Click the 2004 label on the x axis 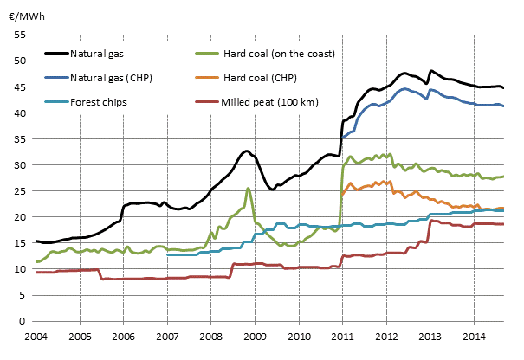(x=36, y=335)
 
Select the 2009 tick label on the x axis (x=255, y=335)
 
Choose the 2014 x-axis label (x=474, y=335)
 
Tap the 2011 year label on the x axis (x=342, y=335)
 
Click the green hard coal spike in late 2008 (x=248, y=188)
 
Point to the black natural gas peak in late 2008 (x=247, y=151)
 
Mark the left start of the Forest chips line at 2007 (x=167, y=254)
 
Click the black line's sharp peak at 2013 (x=430, y=71)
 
